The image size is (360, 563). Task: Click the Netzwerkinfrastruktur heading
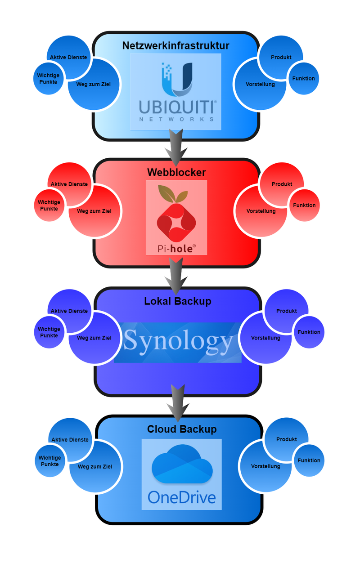click(176, 46)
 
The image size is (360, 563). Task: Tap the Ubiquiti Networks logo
click(176, 92)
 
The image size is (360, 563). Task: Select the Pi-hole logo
click(176, 218)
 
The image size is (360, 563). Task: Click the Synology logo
click(178, 342)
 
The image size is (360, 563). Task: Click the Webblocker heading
click(176, 172)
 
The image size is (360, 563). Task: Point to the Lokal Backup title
click(178, 301)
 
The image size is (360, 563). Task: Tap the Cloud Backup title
click(182, 429)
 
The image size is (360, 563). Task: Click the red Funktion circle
click(304, 206)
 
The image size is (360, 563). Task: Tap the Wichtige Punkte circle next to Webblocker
click(49, 206)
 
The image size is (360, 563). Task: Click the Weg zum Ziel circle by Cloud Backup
click(95, 467)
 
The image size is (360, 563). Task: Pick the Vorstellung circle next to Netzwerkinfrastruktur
click(260, 85)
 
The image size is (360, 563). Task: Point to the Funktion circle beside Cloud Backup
click(309, 460)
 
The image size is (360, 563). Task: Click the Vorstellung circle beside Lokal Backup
click(265, 338)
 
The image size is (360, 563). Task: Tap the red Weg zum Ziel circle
click(94, 211)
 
